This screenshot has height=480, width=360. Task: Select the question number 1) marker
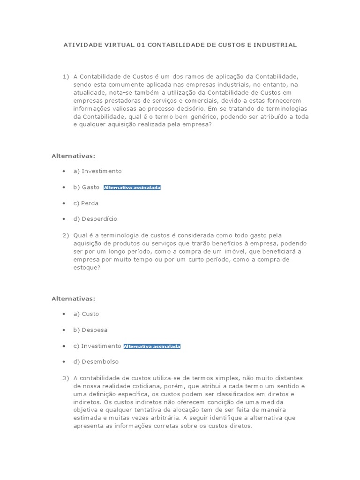click(66, 76)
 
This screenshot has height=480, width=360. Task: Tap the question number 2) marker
click(66, 235)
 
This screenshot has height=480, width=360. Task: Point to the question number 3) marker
click(66, 378)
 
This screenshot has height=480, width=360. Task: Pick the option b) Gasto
click(86, 187)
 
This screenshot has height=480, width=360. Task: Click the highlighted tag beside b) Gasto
click(132, 187)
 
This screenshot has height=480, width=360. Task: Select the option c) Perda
click(86, 203)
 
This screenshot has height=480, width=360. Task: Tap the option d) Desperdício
click(95, 219)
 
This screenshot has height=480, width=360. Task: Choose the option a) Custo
click(86, 314)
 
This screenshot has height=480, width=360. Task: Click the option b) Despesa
click(90, 330)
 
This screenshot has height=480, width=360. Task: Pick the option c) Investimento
click(97, 346)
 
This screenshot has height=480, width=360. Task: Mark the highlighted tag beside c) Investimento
click(152, 346)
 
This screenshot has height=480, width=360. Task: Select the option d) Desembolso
click(96, 362)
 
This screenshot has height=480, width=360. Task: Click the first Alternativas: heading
click(73, 155)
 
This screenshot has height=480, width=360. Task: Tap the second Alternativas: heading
click(73, 298)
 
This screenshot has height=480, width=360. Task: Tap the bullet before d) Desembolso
click(63, 362)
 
